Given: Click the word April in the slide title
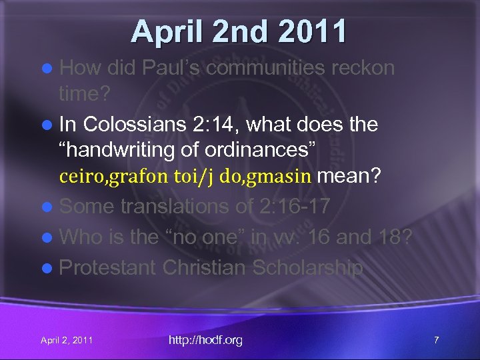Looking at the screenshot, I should coord(162,31).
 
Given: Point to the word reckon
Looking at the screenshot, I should coord(362,69).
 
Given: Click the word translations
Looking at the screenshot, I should coord(175,207).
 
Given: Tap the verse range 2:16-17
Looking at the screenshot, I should coord(293,207).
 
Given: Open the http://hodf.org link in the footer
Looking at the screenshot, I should coord(205,340).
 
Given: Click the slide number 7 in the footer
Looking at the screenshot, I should coord(436,340).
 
